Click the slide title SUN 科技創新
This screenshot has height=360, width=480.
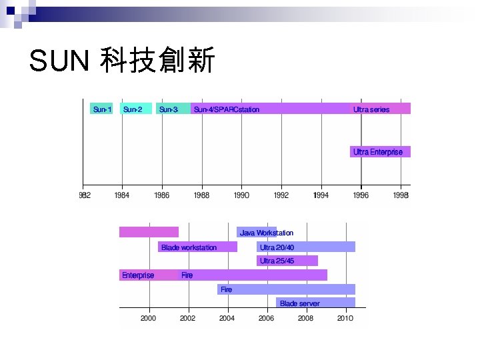pyautogui.click(x=122, y=62)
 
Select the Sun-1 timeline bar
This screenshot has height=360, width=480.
pyautogui.click(x=101, y=109)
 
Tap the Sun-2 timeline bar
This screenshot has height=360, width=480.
pyautogui.click(x=135, y=109)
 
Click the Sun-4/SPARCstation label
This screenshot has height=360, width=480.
pyautogui.click(x=227, y=109)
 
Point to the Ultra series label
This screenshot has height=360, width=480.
pyautogui.click(x=371, y=109)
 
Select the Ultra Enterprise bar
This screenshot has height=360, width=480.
pyautogui.click(x=380, y=152)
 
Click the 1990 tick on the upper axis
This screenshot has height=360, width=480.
pyautogui.click(x=241, y=195)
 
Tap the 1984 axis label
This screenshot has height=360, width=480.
pyautogui.click(x=122, y=195)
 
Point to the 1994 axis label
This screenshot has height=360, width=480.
pyautogui.click(x=321, y=195)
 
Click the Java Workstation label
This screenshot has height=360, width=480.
pyautogui.click(x=267, y=233)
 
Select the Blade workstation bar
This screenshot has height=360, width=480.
pyautogui.click(x=198, y=247)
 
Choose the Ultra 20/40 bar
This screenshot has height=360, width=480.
pyautogui.click(x=306, y=247)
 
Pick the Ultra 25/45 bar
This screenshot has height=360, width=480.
pyautogui.click(x=287, y=261)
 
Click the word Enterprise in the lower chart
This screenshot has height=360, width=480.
pyautogui.click(x=138, y=275)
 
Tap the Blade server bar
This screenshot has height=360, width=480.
pyautogui.click(x=315, y=303)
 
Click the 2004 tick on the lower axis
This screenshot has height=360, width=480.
pyautogui.click(x=227, y=319)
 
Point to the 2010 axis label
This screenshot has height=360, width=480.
pyautogui.click(x=345, y=319)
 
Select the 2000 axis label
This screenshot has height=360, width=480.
pyautogui.click(x=148, y=319)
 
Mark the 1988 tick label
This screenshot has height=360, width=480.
pyautogui.click(x=201, y=195)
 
